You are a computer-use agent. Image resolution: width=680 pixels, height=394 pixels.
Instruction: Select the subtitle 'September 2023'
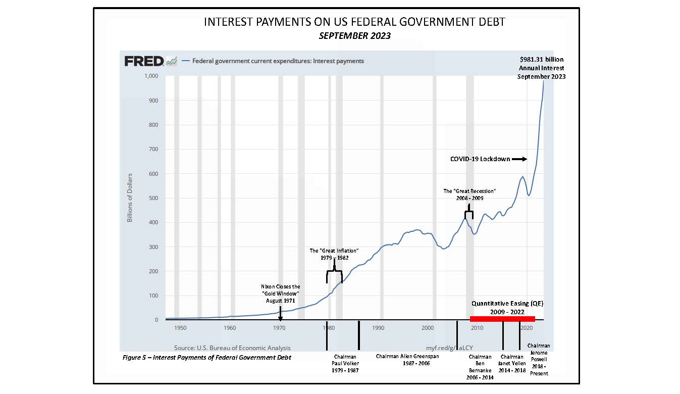pos(354,36)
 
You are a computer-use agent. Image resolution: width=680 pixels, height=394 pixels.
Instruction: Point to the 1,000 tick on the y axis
pos(151,76)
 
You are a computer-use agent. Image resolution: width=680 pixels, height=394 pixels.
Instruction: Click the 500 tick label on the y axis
pos(152,198)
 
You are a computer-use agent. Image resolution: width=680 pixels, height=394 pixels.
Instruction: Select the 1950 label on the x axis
pos(180,328)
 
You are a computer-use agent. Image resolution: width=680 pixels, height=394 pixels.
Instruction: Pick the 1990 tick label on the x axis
pos(378,328)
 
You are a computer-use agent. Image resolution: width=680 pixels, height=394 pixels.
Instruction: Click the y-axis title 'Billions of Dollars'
pos(130,198)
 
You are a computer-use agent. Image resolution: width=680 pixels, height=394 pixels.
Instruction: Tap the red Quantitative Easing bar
pos(502,319)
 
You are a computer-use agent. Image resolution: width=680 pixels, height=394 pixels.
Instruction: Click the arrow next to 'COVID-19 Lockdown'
pos(519,159)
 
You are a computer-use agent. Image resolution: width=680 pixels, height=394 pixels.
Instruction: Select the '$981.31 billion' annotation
pos(541,60)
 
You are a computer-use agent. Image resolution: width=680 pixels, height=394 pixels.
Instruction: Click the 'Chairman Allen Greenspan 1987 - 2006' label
pos(407,360)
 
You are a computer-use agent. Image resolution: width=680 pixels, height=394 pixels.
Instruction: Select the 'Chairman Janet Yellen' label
pos(512,363)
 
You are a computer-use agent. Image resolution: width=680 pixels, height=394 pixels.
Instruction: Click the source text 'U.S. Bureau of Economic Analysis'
pos(232,348)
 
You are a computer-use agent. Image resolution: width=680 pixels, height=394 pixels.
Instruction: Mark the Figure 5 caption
pos(207,358)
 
